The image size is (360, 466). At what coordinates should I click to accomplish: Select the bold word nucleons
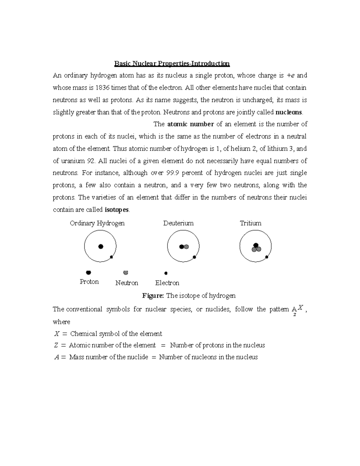(x=289, y=113)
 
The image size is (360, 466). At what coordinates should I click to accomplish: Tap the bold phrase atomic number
(x=190, y=124)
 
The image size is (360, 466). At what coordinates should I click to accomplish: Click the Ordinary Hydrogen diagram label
(x=97, y=223)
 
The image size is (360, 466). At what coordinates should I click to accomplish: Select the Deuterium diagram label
(x=178, y=223)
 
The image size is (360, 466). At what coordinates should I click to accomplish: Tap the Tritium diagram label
(x=250, y=223)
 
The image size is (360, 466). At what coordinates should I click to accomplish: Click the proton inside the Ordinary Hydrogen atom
(x=101, y=246)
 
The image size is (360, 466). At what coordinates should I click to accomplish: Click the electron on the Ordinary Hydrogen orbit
(x=111, y=257)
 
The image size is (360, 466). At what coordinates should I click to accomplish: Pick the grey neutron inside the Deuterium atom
(x=186, y=247)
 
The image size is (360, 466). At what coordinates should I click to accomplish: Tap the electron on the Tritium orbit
(x=266, y=257)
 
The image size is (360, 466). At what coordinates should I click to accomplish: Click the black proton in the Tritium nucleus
(x=256, y=245)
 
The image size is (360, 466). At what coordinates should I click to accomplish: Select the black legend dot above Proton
(x=88, y=272)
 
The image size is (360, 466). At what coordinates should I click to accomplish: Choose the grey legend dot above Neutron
(x=126, y=272)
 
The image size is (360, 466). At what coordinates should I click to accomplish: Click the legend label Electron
(x=167, y=283)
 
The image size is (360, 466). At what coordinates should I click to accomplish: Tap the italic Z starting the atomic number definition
(x=56, y=345)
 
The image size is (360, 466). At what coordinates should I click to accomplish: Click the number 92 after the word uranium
(x=91, y=161)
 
